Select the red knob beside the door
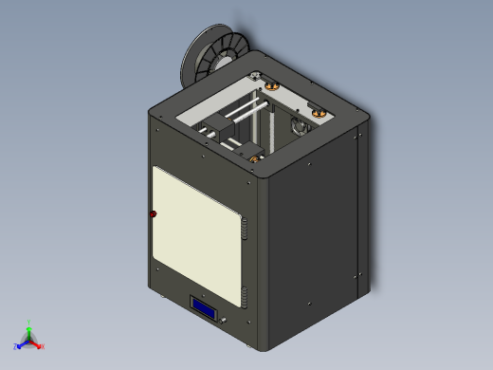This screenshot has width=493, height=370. (x=153, y=214)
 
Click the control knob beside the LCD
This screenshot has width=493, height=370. (x=226, y=323)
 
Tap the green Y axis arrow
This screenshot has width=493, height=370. (x=29, y=325)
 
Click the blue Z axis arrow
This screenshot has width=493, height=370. (x=19, y=346)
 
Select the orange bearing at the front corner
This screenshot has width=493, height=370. (x=253, y=157)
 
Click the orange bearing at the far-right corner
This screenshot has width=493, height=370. (x=320, y=114)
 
